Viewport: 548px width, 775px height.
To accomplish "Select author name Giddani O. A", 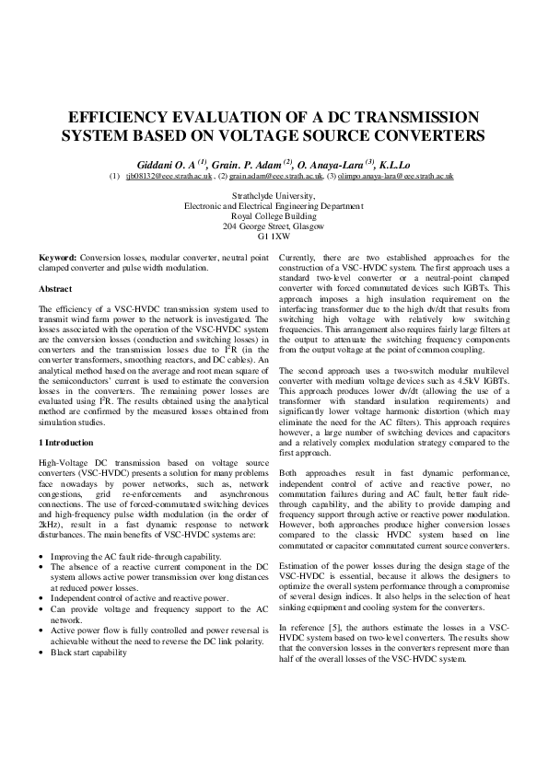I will [x=175, y=160].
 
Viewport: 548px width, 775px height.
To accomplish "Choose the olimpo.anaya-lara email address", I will [x=395, y=174].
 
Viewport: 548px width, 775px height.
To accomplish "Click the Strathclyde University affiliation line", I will [x=274, y=196].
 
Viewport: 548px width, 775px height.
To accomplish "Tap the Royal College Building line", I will [x=274, y=215].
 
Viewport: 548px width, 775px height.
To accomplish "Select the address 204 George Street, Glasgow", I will [x=274, y=226].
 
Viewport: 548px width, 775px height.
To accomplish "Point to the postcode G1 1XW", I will [x=274, y=236].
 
